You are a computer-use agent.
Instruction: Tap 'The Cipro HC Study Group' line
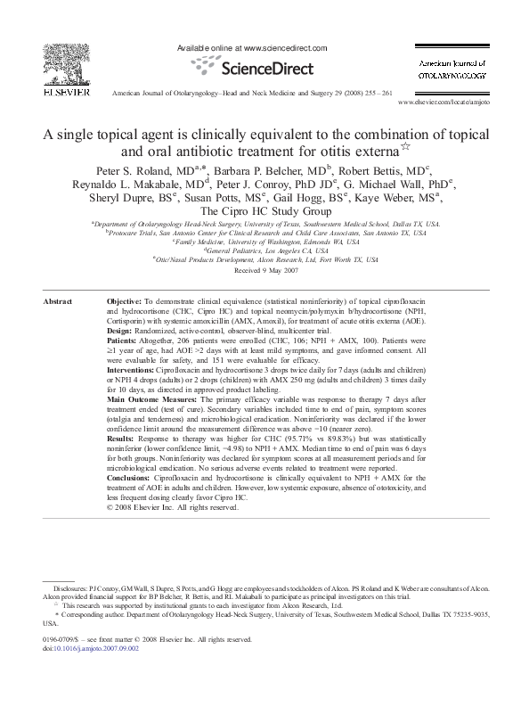[x=264, y=212]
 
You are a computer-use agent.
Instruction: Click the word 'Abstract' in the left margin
[x=58, y=302]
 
